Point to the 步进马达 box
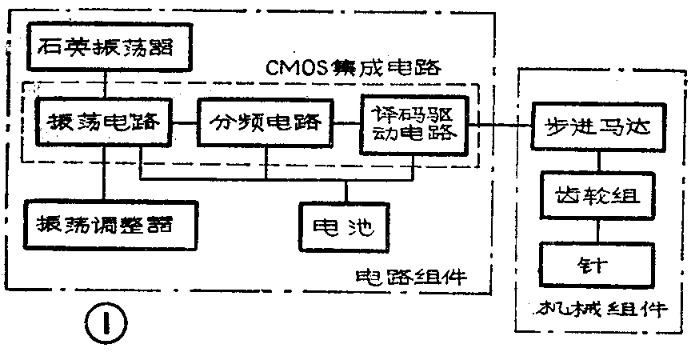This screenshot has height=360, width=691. [x=598, y=128]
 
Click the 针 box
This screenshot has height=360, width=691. [x=598, y=263]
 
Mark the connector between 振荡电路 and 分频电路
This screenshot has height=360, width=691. [x=185, y=123]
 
